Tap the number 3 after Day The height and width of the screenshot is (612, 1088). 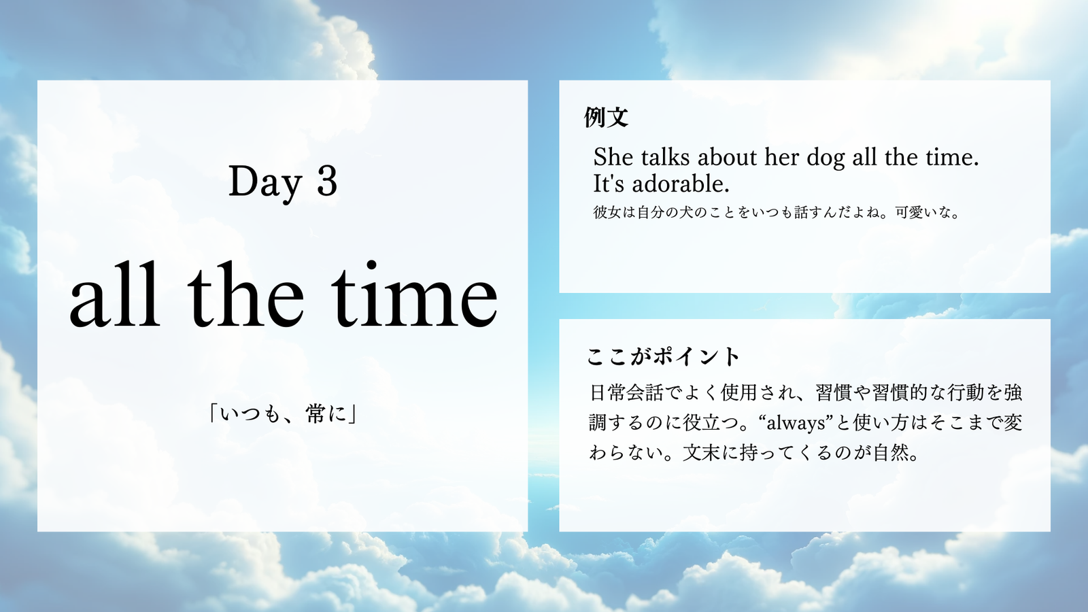point(327,181)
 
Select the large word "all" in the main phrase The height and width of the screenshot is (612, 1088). point(115,295)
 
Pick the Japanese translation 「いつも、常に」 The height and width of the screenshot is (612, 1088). point(283,414)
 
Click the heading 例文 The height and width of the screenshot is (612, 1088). point(606,118)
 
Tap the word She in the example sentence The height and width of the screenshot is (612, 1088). point(613,157)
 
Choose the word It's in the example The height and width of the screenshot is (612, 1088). point(609,184)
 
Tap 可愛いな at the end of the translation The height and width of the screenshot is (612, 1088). point(921,212)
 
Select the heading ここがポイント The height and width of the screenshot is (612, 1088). point(663,356)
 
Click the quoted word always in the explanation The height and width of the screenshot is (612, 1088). point(796,423)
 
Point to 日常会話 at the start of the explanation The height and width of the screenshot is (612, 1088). point(626,392)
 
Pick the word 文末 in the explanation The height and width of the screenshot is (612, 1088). point(701,453)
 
